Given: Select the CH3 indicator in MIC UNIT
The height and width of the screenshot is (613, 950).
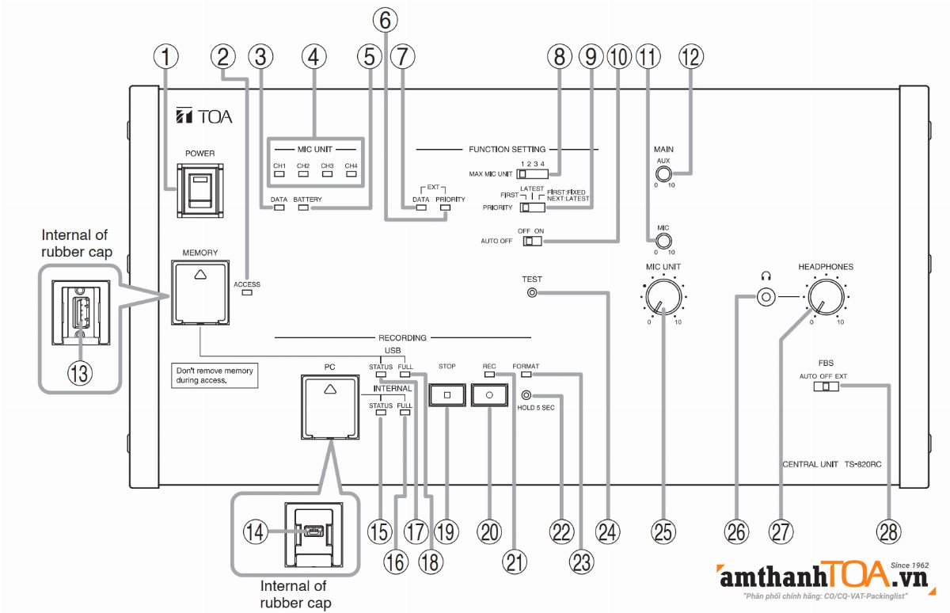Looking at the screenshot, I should (x=327, y=176).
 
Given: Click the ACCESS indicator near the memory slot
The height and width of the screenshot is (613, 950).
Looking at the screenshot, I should (x=247, y=293).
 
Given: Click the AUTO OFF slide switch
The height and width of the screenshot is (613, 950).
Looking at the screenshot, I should (x=532, y=241).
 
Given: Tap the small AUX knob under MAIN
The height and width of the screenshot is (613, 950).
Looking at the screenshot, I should (x=663, y=175).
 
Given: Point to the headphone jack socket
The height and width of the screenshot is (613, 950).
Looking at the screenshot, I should (x=765, y=299).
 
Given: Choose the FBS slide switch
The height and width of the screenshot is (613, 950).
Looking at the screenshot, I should (x=824, y=386).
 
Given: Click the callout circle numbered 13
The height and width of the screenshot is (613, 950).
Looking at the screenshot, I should (x=78, y=371).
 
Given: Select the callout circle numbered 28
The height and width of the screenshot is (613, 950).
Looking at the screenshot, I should (x=890, y=531).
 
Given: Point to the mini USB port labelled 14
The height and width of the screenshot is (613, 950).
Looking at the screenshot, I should (x=310, y=533).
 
